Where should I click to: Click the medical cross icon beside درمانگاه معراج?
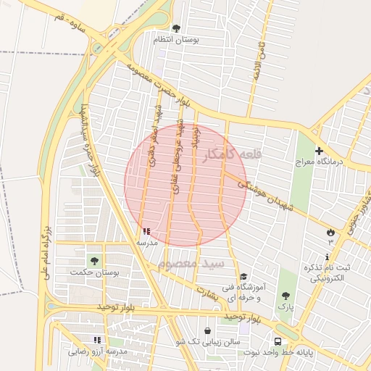tap(320, 151)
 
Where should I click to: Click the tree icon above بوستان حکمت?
tap(93, 260)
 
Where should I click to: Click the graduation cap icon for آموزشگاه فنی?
tap(243, 277)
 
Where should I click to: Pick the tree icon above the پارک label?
tap(285, 296)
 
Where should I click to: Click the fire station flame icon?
tap(331, 232)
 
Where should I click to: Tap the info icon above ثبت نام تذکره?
tap(328, 257)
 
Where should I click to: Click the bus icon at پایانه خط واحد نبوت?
tap(278, 341)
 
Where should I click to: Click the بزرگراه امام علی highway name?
tap(43, 254)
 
